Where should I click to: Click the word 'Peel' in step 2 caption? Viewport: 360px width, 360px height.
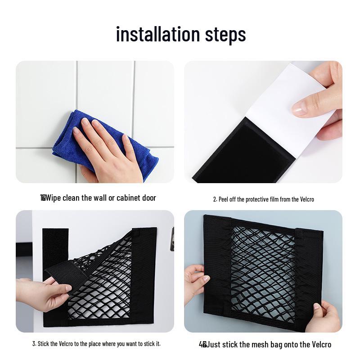[224, 199]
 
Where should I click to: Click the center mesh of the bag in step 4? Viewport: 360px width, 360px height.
[263, 270]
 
